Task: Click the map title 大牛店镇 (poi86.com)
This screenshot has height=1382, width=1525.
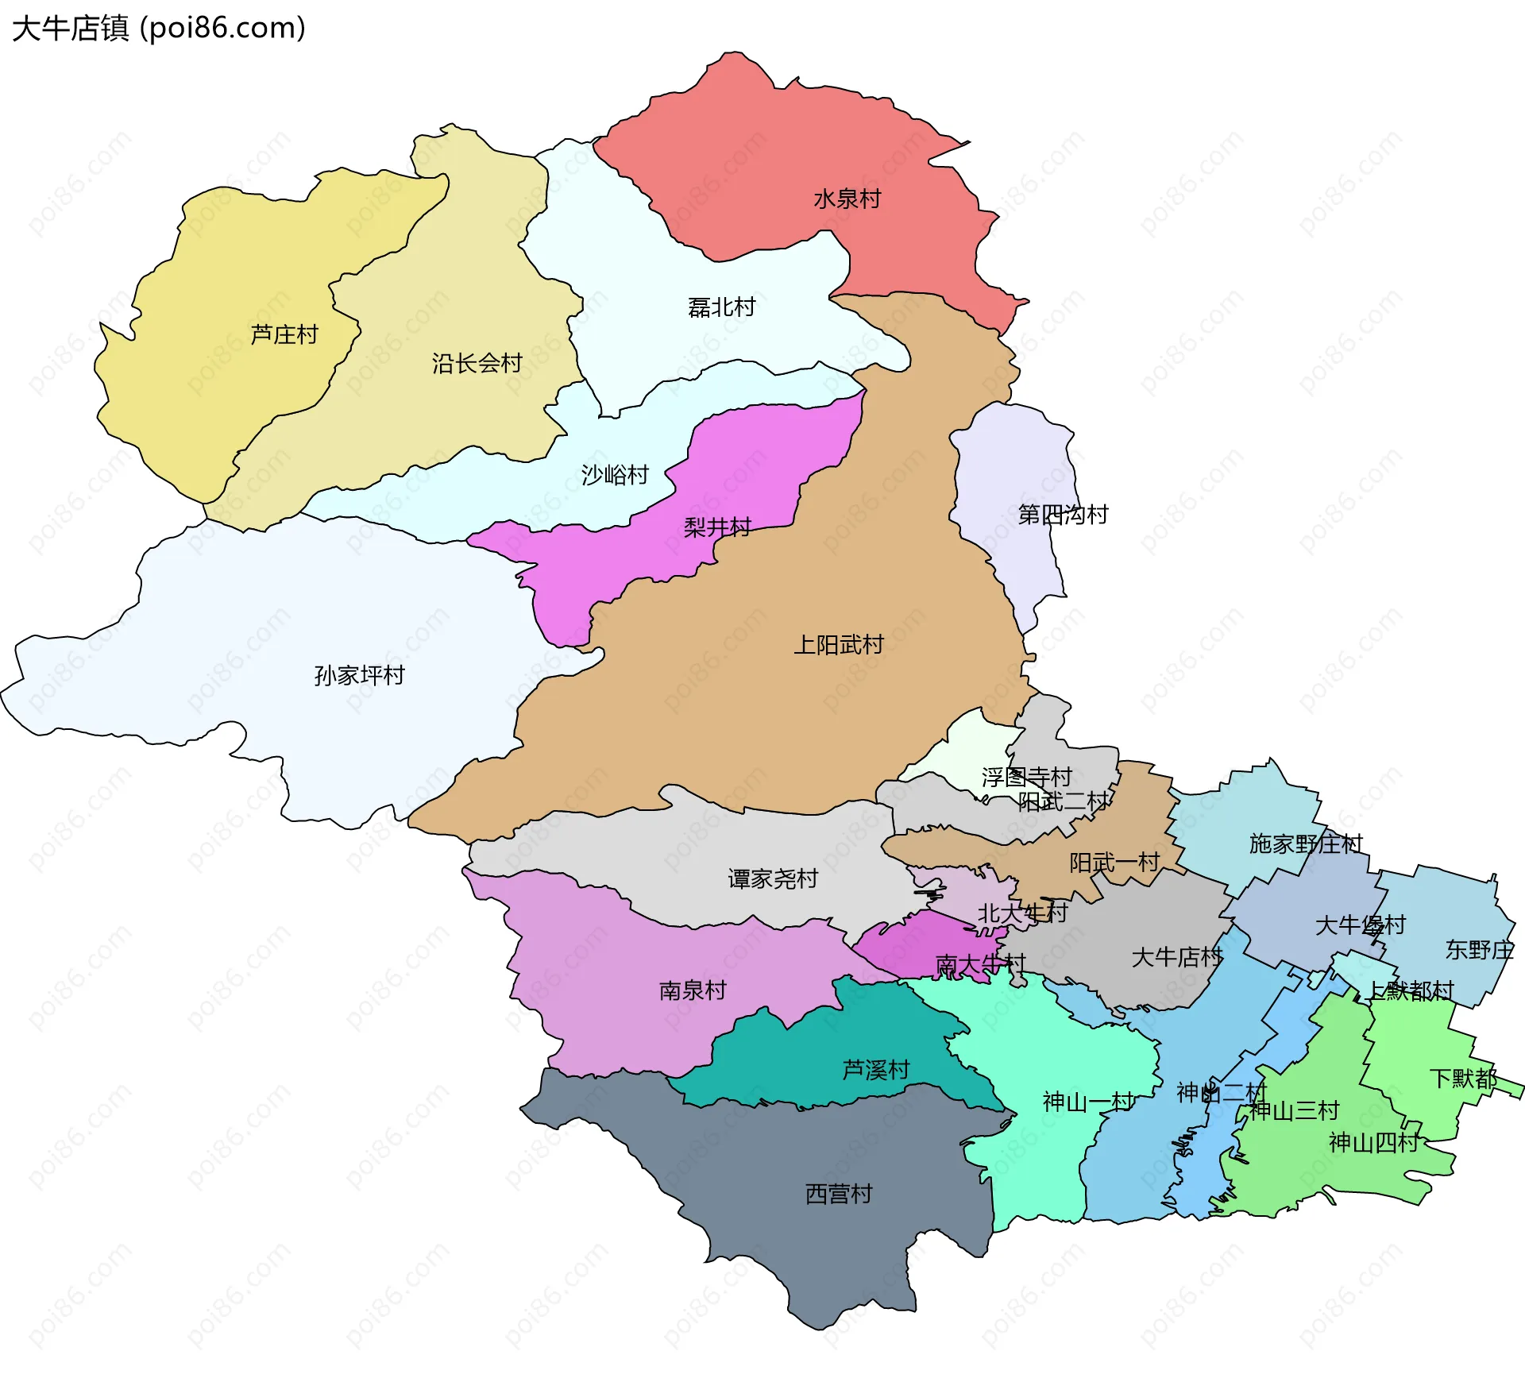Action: (159, 29)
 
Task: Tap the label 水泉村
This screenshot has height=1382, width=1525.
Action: (847, 199)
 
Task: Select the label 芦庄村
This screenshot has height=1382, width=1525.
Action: (284, 334)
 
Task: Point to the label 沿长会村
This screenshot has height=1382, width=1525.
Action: (477, 364)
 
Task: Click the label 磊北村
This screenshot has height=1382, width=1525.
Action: (721, 307)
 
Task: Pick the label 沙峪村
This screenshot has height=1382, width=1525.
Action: (615, 475)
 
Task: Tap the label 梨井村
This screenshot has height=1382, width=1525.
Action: (717, 527)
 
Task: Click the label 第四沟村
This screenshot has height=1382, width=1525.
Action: (1063, 515)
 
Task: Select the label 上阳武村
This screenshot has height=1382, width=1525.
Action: (839, 644)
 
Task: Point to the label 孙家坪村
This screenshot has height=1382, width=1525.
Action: (360, 675)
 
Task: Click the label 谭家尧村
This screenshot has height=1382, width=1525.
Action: (773, 878)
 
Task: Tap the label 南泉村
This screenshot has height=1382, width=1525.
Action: (693, 990)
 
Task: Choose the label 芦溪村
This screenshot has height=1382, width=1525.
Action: (875, 1070)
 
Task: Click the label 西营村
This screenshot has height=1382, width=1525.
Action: (839, 1194)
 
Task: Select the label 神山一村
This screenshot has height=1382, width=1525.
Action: (1088, 1102)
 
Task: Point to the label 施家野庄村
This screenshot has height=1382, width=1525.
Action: (1306, 843)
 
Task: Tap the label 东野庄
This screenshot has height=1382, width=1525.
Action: (1479, 950)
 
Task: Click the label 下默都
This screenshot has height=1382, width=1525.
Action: (1463, 1079)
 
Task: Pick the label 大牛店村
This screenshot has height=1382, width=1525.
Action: (1176, 957)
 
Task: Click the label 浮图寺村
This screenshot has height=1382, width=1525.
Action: (1026, 777)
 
